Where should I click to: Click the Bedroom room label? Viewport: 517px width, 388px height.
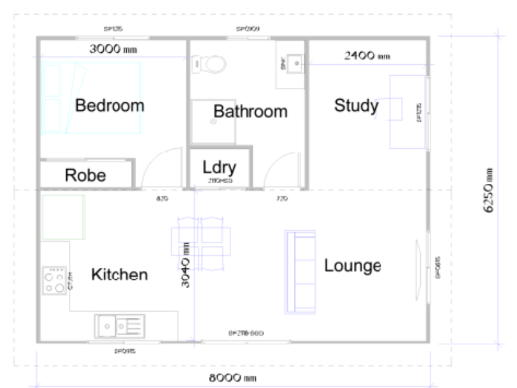[x=110, y=106]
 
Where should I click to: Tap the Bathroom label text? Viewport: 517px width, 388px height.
[x=250, y=112]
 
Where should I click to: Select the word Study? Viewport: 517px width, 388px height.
[x=356, y=106]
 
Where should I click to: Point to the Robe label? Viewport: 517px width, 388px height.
[x=85, y=176]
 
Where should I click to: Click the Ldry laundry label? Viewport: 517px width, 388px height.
[x=220, y=168]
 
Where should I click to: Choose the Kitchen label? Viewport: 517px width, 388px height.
[x=120, y=275]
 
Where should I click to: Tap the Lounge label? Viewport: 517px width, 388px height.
[x=352, y=265]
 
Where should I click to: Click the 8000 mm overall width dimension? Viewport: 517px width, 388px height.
[x=233, y=377]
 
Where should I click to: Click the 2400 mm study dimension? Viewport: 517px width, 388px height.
[x=366, y=56]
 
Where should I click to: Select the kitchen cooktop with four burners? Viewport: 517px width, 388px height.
[x=54, y=281]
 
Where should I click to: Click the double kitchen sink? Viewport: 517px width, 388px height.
[x=120, y=326]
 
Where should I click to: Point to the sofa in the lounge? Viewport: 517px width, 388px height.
[x=301, y=272]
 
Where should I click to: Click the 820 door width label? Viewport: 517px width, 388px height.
[x=162, y=199]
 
